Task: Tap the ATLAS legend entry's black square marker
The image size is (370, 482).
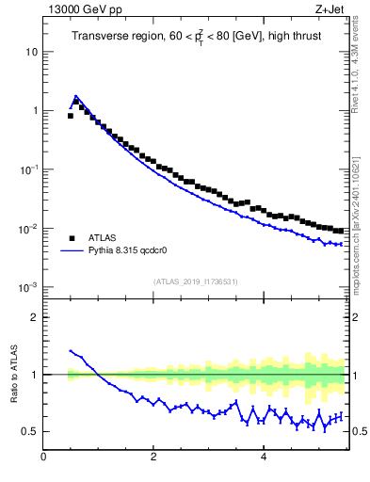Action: tap(72, 238)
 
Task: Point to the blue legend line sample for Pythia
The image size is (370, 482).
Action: tap(72, 251)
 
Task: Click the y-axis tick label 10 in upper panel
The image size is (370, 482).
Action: tap(32, 52)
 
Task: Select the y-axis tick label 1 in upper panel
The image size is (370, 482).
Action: tap(35, 111)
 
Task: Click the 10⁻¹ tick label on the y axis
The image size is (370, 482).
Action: tap(30, 169)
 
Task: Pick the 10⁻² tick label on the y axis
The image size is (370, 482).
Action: tap(30, 229)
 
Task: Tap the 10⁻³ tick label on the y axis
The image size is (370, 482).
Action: tap(30, 287)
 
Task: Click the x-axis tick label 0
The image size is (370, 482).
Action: tap(43, 458)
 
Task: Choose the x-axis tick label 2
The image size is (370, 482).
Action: tap(153, 458)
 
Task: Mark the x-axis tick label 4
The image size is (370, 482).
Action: tap(263, 458)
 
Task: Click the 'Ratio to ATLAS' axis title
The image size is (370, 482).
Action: tap(12, 374)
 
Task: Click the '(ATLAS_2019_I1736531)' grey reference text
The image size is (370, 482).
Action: tap(196, 281)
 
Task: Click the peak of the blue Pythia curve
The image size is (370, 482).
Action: tap(76, 96)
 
